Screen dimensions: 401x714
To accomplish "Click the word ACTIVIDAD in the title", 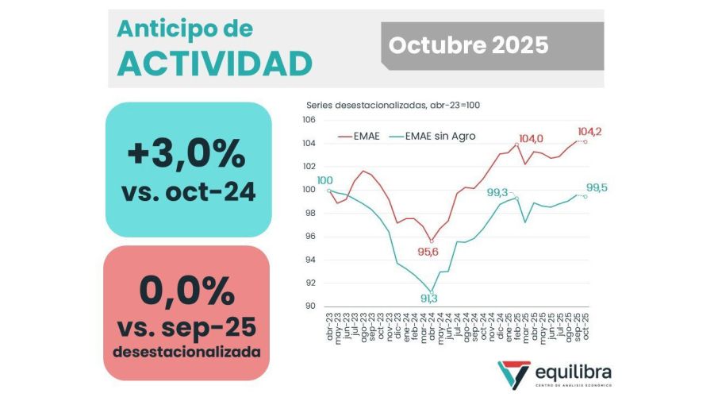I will coord(213,63).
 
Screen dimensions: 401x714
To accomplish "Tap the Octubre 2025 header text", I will coord(468,45).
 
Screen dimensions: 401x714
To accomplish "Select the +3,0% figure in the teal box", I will coord(187,152).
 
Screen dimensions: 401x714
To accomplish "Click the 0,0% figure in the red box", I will coord(187,291).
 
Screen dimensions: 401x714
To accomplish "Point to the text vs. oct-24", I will coord(188,191).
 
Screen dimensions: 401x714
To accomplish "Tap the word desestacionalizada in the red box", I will coord(187,350).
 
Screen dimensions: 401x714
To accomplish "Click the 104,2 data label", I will coord(589,132).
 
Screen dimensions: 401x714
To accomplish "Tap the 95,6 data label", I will coord(429,252).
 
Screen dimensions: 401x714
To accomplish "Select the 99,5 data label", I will coord(597,188).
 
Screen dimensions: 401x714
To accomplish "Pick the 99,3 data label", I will coord(497,192).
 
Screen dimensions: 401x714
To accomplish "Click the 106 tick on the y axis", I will coord(309,120).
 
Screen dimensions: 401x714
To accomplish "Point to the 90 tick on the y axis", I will coord(310,307).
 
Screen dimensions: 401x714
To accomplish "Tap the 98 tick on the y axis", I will coord(310,213).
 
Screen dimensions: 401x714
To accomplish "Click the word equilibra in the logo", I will coord(573,372).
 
